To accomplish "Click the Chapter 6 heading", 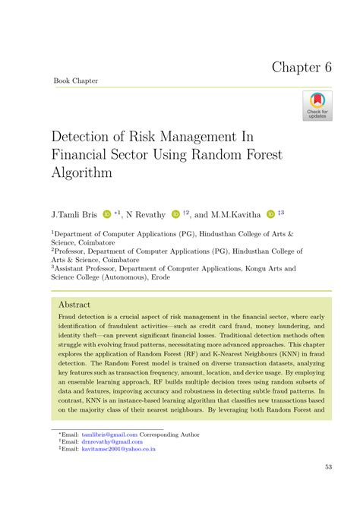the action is click(x=302, y=67).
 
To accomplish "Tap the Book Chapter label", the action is click(x=75, y=81).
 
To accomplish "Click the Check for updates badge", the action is click(x=317, y=106).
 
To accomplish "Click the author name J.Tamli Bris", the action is click(x=74, y=216).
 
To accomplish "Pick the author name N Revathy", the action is click(x=147, y=216).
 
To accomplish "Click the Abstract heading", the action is click(x=74, y=304).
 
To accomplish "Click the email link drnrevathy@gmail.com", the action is click(x=112, y=441).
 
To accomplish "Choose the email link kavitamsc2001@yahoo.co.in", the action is click(x=118, y=449).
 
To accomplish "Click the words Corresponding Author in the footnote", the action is click(x=178, y=434).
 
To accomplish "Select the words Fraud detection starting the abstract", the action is click(x=81, y=317).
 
